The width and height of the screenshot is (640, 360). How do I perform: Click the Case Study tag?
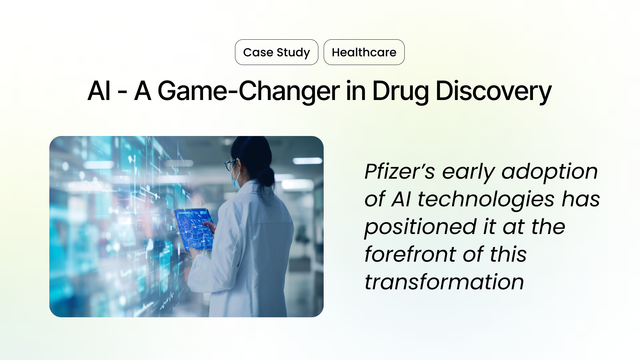(x=276, y=52)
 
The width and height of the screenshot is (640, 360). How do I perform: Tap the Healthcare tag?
(x=364, y=52)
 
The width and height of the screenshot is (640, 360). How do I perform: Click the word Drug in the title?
(x=400, y=91)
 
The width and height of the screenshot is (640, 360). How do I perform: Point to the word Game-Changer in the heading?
(x=248, y=91)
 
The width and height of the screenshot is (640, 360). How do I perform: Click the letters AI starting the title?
(x=99, y=91)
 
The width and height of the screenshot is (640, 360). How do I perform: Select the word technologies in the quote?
(x=486, y=200)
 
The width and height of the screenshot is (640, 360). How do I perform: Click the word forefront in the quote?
(x=409, y=255)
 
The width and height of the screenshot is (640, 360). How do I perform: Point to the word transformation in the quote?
(x=444, y=282)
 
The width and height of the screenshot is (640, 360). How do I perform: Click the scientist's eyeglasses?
(x=230, y=164)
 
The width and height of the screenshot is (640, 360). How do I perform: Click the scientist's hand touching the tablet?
(x=209, y=227)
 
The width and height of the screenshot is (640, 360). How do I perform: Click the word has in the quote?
(x=581, y=200)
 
